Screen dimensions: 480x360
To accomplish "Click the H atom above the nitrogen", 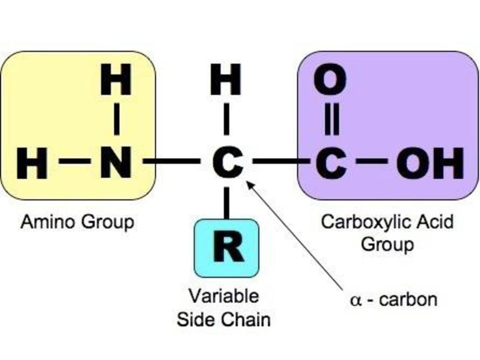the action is (x=116, y=79).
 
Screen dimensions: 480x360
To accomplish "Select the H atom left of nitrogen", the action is (x=32, y=163).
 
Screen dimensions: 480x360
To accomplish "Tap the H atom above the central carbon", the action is (x=225, y=79).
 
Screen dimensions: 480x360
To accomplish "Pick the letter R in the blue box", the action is (x=228, y=247).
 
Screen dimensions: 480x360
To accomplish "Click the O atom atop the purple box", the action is (x=330, y=79).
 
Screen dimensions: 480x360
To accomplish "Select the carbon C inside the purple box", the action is (x=331, y=163).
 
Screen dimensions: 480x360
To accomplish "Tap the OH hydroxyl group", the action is (x=430, y=163).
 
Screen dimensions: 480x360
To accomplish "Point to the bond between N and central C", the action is (x=171, y=161).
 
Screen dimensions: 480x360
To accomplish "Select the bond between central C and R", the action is (x=226, y=203).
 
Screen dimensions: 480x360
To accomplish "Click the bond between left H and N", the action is (x=75, y=161).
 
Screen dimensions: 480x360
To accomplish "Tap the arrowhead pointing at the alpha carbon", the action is (x=250, y=185).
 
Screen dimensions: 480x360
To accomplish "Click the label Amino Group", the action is (x=77, y=221).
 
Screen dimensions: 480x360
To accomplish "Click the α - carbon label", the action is (x=394, y=300).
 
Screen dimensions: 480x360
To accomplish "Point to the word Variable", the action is (x=224, y=296).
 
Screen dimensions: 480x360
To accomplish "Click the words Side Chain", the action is (x=224, y=319).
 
